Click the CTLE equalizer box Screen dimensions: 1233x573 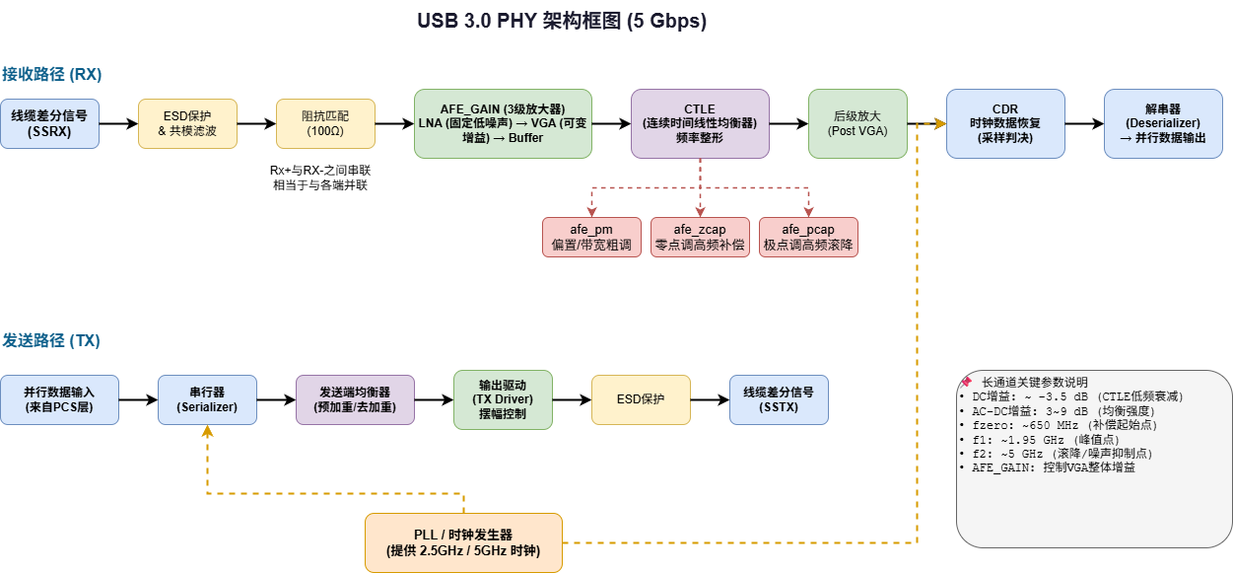(x=700, y=124)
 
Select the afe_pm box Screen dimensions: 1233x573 (x=591, y=237)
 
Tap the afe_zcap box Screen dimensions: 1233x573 (x=700, y=237)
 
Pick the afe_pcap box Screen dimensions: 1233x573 (x=808, y=237)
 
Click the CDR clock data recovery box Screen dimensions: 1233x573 (x=1005, y=124)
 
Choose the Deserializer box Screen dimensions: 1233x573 (x=1163, y=124)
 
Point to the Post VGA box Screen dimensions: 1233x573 (x=857, y=124)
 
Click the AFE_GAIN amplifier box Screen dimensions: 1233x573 (x=503, y=124)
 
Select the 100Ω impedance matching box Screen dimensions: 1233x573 (x=325, y=124)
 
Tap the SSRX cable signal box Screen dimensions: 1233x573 (x=49, y=124)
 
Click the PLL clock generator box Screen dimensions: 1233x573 (x=463, y=542)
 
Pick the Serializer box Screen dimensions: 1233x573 (x=207, y=400)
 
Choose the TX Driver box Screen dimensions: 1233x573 (x=503, y=400)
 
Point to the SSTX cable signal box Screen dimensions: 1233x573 (x=779, y=400)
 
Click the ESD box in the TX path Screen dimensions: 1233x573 (x=641, y=400)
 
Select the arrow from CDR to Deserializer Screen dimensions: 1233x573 (x=1084, y=124)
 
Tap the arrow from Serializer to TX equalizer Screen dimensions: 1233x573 (x=276, y=400)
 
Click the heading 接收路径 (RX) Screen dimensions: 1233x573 (x=51, y=74)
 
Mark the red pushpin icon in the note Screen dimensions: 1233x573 (x=966, y=382)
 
